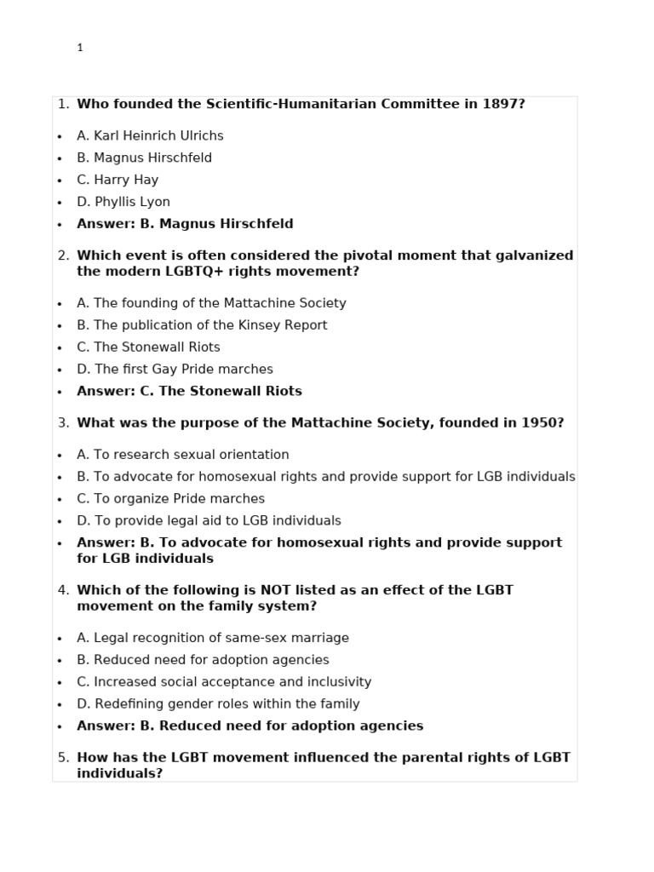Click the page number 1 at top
(80, 49)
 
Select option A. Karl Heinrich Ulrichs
(150, 135)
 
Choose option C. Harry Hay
(118, 180)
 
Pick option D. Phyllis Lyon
(123, 202)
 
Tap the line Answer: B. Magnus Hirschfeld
(185, 224)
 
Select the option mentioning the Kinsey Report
(202, 325)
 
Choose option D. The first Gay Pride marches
(175, 370)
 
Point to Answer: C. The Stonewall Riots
(189, 392)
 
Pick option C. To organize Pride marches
(170, 499)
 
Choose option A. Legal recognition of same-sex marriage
(213, 638)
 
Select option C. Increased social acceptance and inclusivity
(224, 682)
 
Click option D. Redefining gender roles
(218, 704)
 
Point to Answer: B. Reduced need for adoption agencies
(250, 726)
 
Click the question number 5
(63, 757)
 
